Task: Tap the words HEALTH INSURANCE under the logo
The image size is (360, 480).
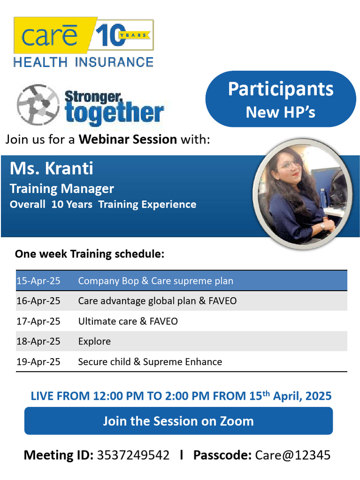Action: tap(83, 62)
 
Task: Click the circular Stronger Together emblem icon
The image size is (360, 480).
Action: tap(37, 104)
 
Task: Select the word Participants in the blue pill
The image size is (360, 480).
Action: tap(281, 89)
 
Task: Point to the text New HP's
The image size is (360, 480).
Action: tap(281, 112)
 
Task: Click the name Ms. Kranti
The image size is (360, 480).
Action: tap(52, 168)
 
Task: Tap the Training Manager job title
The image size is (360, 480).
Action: tap(62, 188)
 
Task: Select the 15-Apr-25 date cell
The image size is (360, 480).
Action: tap(38, 281)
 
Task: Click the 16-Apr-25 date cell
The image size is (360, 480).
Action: tap(38, 301)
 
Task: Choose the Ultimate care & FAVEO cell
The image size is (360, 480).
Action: tap(128, 322)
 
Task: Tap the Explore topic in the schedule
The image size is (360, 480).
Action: tap(94, 341)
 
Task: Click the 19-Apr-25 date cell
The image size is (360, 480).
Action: tap(38, 362)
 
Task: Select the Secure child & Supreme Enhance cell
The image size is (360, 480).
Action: tap(150, 362)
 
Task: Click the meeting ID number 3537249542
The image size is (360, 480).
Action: tap(133, 455)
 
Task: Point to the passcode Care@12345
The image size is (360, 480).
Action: tap(293, 455)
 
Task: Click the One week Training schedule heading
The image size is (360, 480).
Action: tap(90, 254)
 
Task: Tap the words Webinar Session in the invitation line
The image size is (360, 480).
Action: tap(127, 139)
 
